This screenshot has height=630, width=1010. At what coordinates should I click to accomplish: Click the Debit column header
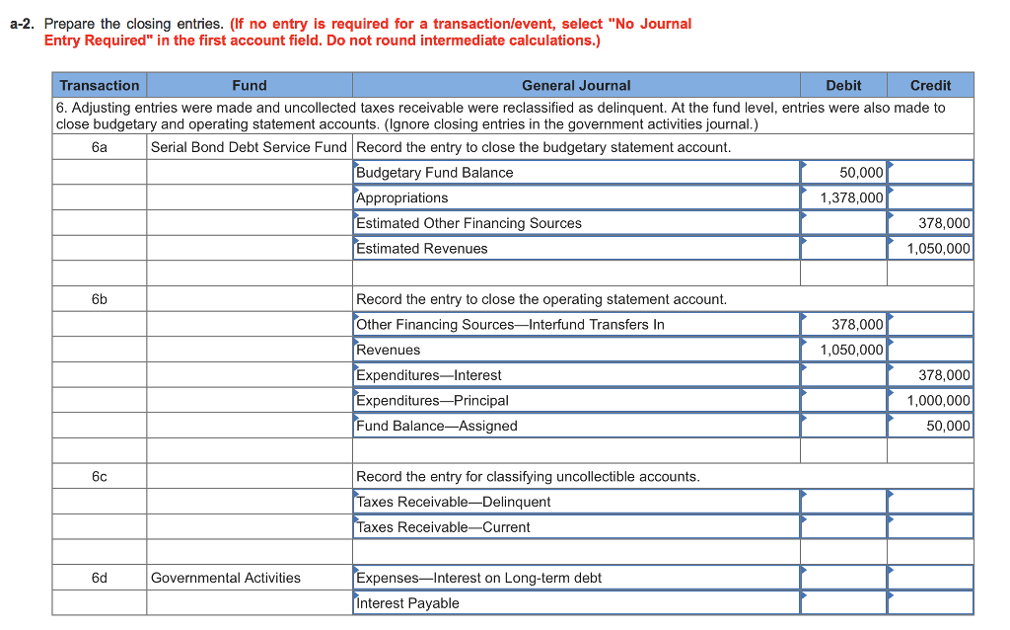coord(843,85)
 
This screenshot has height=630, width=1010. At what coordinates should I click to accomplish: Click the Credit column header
coord(930,85)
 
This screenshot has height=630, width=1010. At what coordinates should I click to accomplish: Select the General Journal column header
coord(576,85)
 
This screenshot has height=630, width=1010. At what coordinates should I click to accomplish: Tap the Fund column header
coord(250,85)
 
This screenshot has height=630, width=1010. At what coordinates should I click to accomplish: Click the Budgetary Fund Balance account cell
coord(576,173)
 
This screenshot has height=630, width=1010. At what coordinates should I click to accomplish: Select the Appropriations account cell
coord(576,198)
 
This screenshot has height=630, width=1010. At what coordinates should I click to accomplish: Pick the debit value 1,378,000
coord(843,198)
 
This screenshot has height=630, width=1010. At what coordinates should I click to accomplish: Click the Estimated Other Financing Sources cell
coord(576,223)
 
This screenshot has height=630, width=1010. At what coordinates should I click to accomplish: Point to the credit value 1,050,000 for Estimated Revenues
coord(930,249)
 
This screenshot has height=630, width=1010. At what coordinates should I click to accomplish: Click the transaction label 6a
coord(100,147)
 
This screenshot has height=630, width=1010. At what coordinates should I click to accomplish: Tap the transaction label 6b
coord(100,299)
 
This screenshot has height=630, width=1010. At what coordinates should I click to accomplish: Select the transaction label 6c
coord(100,476)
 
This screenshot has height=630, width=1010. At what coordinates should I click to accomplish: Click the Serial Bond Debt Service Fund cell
coord(250,147)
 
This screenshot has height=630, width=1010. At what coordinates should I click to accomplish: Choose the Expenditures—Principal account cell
coord(576,401)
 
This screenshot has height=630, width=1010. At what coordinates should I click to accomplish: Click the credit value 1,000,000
coord(930,401)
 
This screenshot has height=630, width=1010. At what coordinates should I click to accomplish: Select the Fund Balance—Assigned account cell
coord(576,427)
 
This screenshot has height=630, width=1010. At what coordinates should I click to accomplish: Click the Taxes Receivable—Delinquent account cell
coord(576,502)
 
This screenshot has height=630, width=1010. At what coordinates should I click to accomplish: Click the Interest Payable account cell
coord(576,603)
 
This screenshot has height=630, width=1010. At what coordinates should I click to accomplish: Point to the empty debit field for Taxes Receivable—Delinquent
coord(843,502)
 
